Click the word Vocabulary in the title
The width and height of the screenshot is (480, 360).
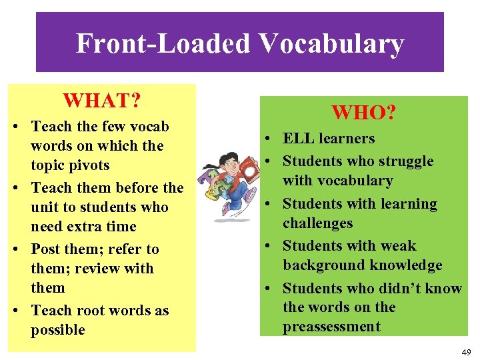pos(331,44)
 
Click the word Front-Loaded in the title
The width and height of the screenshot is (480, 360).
pos(163,44)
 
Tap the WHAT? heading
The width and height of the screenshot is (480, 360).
pos(101,101)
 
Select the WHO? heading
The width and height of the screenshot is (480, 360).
pos(364,112)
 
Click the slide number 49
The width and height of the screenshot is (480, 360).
pos(465,351)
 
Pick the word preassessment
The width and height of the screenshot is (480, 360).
pos(331,327)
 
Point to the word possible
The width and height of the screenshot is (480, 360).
pos(58,330)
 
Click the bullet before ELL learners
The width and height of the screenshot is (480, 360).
pos(266,139)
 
